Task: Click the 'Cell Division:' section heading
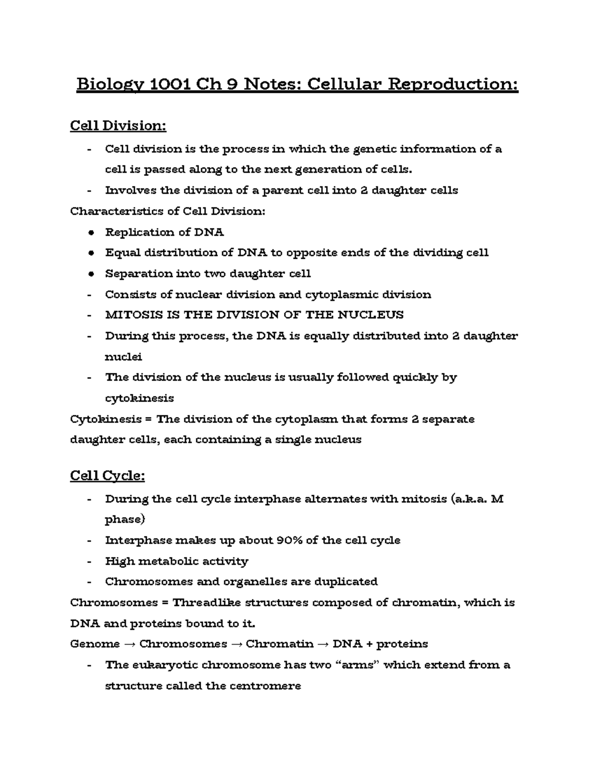[x=118, y=126]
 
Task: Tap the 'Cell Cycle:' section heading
[x=107, y=476]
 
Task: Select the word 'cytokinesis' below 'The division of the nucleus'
[x=139, y=398]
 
